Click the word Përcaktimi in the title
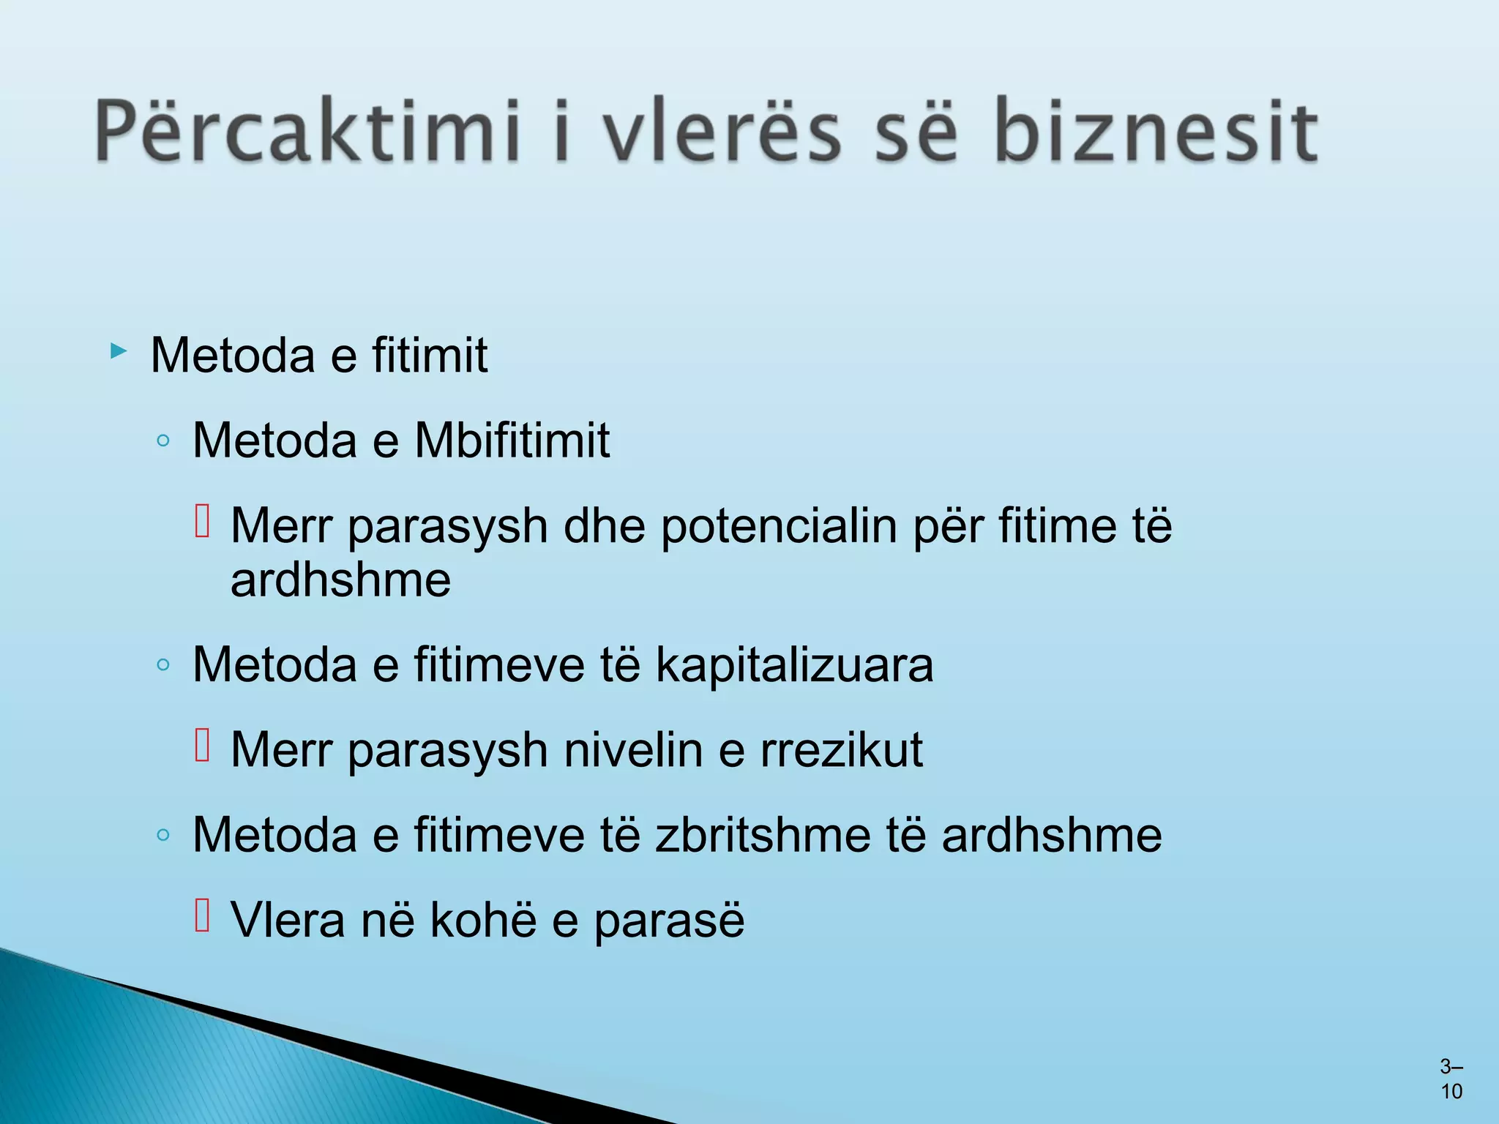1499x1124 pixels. click(x=307, y=132)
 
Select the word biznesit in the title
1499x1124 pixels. click(x=1156, y=132)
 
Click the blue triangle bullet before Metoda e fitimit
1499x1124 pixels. click(x=119, y=352)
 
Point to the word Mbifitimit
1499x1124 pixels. click(x=512, y=441)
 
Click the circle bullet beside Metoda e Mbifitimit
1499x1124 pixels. click(x=163, y=441)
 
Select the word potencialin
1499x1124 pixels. click(x=779, y=527)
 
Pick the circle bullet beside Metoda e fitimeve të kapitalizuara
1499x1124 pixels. click(x=163, y=665)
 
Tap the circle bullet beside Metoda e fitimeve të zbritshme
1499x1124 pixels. click(x=163, y=835)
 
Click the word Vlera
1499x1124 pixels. click(x=288, y=920)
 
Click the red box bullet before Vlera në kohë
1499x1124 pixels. click(x=203, y=915)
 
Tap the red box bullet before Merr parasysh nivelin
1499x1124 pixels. click(x=203, y=746)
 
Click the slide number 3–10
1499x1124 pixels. click(x=1451, y=1079)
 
